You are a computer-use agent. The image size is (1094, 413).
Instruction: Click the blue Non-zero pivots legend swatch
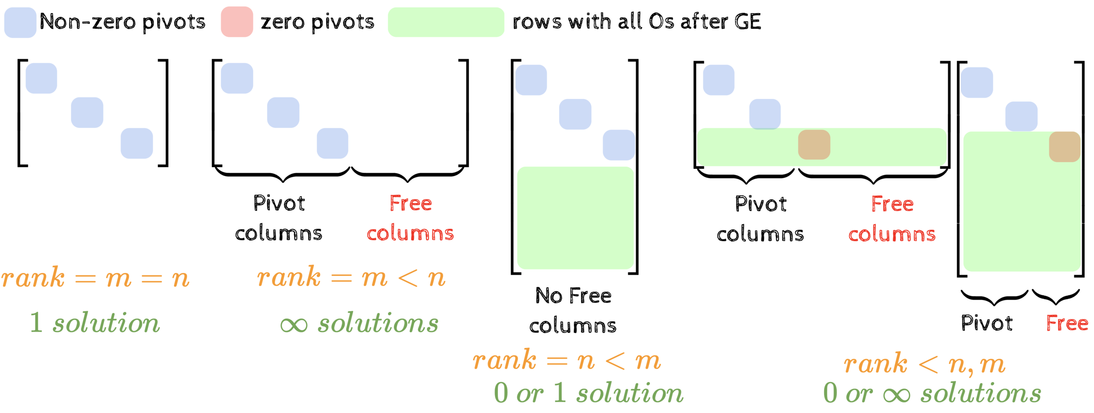[20, 22]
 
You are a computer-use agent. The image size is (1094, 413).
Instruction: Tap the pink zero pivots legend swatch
[237, 22]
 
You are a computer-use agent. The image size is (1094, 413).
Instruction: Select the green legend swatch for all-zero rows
[445, 22]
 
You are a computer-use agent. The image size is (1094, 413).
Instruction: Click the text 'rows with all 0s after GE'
[636, 22]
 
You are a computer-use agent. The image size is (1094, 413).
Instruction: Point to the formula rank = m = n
[95, 278]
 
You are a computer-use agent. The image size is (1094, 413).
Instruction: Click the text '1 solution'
[95, 323]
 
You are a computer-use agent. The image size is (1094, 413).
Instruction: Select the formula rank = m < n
[351, 277]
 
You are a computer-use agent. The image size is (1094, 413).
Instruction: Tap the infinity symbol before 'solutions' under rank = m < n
[294, 325]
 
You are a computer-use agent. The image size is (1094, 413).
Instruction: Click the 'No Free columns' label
[573, 311]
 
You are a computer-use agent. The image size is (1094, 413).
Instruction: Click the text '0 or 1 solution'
[589, 393]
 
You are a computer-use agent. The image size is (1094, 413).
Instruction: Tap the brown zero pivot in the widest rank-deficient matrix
[814, 145]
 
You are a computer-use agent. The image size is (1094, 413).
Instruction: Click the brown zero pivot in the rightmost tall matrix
[1064, 147]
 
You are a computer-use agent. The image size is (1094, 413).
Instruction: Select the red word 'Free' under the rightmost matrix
[1067, 324]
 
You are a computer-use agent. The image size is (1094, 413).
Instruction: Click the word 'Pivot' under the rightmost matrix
[987, 324]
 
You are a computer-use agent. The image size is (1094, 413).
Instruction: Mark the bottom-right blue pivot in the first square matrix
[137, 143]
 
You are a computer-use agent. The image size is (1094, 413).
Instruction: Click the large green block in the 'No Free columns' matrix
[575, 218]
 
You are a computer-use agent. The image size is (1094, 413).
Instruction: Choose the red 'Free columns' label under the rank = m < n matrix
[410, 218]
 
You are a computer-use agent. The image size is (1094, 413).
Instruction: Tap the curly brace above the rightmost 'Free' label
[1055, 297]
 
